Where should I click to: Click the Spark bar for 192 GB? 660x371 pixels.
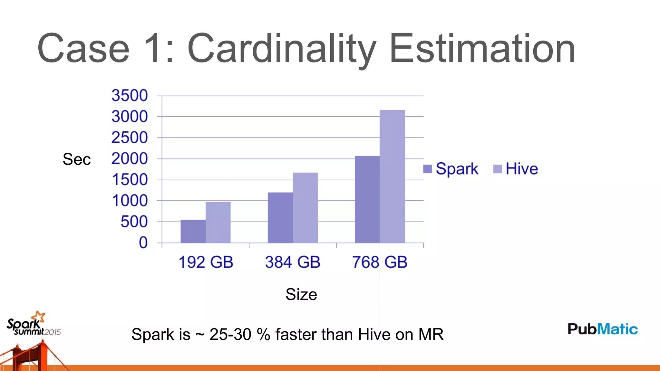[193, 231]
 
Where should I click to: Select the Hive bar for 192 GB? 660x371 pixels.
[218, 223]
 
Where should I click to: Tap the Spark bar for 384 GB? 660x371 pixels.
[280, 218]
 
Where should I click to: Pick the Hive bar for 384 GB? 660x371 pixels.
[305, 208]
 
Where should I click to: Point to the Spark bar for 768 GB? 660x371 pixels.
[367, 199]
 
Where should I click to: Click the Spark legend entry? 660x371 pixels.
[451, 169]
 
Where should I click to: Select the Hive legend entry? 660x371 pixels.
[516, 169]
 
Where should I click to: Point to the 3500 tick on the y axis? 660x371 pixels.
[130, 96]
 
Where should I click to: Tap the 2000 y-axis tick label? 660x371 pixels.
[130, 159]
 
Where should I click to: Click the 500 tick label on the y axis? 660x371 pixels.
[134, 222]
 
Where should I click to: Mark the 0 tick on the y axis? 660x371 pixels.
[143, 243]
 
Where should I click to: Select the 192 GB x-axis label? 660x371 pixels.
[206, 262]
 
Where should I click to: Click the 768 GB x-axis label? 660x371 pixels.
[380, 262]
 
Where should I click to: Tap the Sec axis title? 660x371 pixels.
[77, 159]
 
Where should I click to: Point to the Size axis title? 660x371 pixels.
[301, 294]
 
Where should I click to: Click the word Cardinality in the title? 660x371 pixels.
[282, 49]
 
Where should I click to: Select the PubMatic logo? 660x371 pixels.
[603, 329]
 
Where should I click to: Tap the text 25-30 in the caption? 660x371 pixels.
[230, 334]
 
